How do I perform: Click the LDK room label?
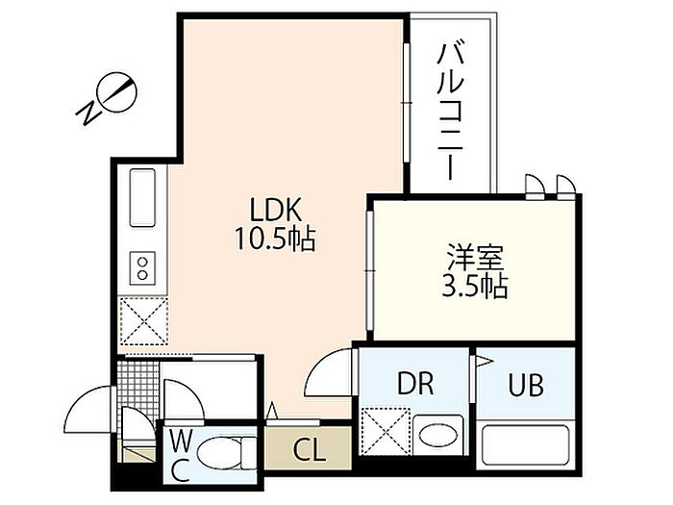pyautogui.click(x=277, y=211)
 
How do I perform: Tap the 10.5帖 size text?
pyautogui.click(x=275, y=239)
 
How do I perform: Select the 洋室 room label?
pyautogui.click(x=475, y=258)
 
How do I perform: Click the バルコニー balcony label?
pyautogui.click(x=450, y=111)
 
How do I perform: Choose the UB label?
pyautogui.click(x=526, y=385)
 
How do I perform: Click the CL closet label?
pyautogui.click(x=309, y=450)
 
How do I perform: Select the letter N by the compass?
pyautogui.click(x=88, y=113)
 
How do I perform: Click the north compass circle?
pyautogui.click(x=116, y=92)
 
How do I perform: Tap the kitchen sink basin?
pyautogui.click(x=142, y=197)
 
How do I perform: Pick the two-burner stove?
pyautogui.click(x=142, y=267)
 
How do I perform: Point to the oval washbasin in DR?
pyautogui.click(x=437, y=437)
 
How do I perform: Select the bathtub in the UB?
pyautogui.click(x=525, y=444)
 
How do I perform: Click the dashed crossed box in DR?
pyautogui.click(x=386, y=432)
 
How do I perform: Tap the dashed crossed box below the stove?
pyautogui.click(x=144, y=320)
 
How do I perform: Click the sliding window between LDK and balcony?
pyautogui.click(x=407, y=103)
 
